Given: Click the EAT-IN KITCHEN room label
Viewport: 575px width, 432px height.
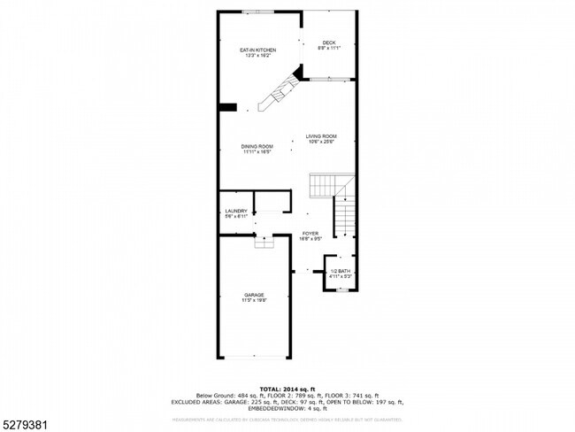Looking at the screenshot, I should tap(258, 50).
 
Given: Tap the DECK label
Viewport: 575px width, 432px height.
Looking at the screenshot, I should tap(328, 42).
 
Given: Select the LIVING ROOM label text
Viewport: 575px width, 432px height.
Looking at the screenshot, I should tap(321, 135).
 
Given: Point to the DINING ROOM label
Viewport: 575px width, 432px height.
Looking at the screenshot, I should tap(257, 146).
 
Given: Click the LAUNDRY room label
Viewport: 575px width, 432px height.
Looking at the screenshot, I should tap(235, 211).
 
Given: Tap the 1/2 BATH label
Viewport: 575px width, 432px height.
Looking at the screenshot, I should tap(341, 271).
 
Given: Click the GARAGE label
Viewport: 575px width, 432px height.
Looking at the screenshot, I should tap(254, 295).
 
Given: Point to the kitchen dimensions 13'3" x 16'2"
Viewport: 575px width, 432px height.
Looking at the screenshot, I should tap(258, 55).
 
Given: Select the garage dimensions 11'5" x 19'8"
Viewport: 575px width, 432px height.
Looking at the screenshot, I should tap(254, 300).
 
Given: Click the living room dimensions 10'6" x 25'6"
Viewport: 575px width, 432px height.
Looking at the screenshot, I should tap(321, 141).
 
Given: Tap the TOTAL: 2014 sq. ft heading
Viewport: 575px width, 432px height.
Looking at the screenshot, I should tap(287, 388).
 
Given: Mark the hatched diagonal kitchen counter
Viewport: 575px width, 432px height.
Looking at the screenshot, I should tap(276, 90).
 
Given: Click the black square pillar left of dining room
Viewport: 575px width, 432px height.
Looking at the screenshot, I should tap(227, 107).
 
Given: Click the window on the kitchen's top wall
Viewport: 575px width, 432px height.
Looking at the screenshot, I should tap(258, 12).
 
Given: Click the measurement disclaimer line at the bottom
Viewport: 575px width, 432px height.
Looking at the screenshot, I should tap(287, 419).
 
